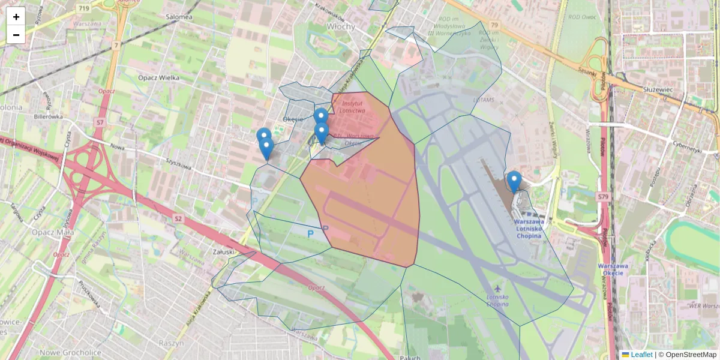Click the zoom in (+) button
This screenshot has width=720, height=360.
point(16,17)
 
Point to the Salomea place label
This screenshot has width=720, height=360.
point(182,17)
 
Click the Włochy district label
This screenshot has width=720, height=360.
point(341,27)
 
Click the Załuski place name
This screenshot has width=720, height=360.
point(223,252)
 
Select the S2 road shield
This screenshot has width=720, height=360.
point(178,218)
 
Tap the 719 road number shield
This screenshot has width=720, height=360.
point(83,8)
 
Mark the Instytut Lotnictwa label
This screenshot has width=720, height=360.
point(352,107)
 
